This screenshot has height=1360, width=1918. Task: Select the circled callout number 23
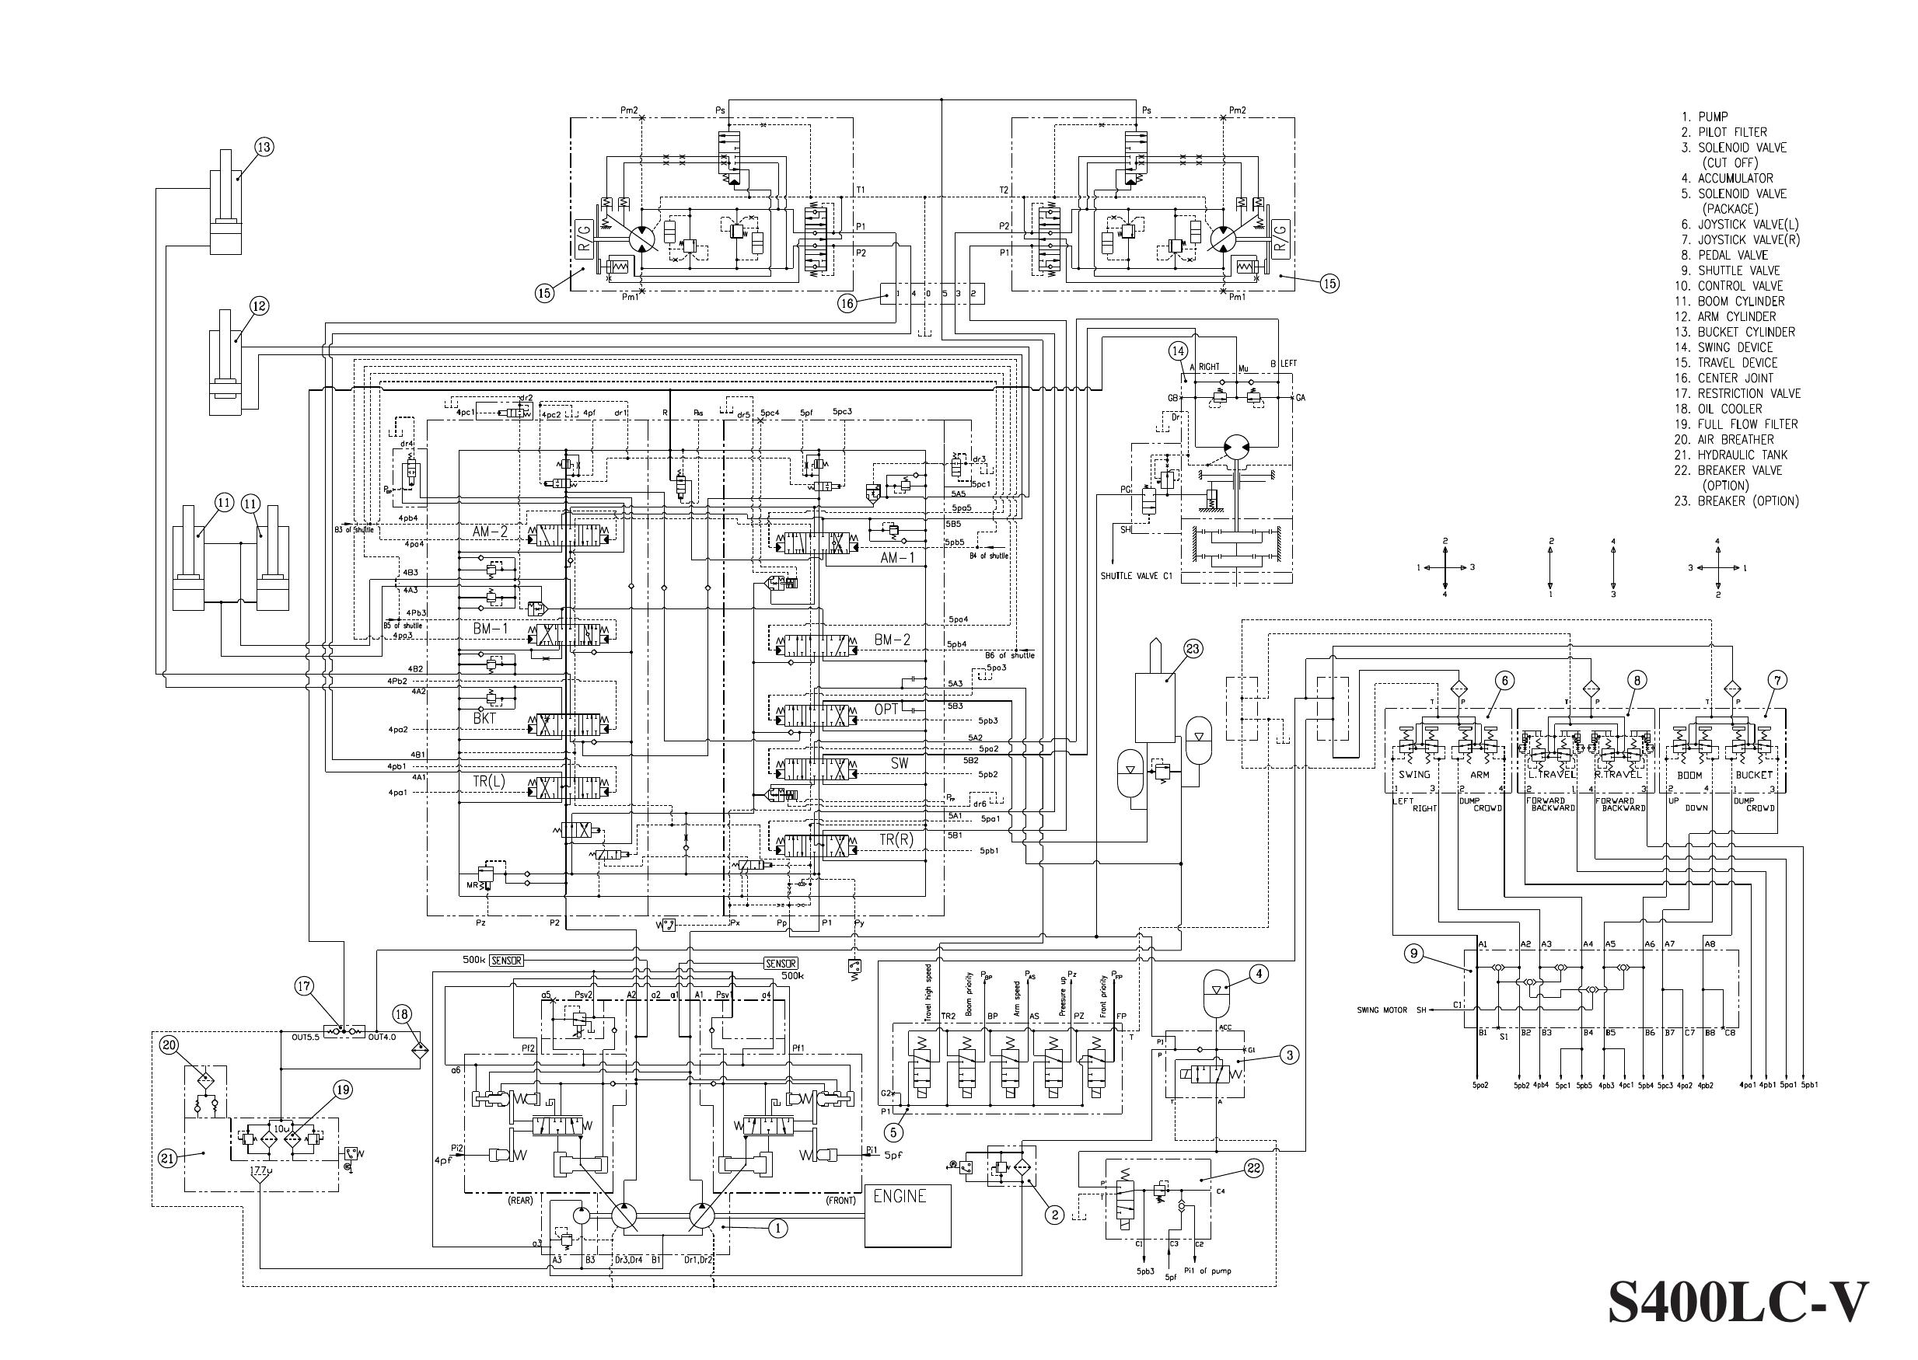coord(1192,648)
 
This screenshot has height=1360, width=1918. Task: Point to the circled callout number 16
coord(847,303)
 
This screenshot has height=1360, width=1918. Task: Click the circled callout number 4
coord(1259,973)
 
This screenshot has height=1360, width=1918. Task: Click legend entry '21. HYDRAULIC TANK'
coord(1742,455)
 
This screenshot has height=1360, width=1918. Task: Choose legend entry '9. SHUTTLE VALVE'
coord(1738,270)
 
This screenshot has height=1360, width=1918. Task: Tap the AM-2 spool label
coord(490,531)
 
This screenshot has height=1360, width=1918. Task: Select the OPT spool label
coord(886,710)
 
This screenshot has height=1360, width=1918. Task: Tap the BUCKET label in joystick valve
coord(1754,775)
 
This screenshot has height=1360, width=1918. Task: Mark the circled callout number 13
coord(264,148)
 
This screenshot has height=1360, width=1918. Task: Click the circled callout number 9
coord(1413,953)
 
